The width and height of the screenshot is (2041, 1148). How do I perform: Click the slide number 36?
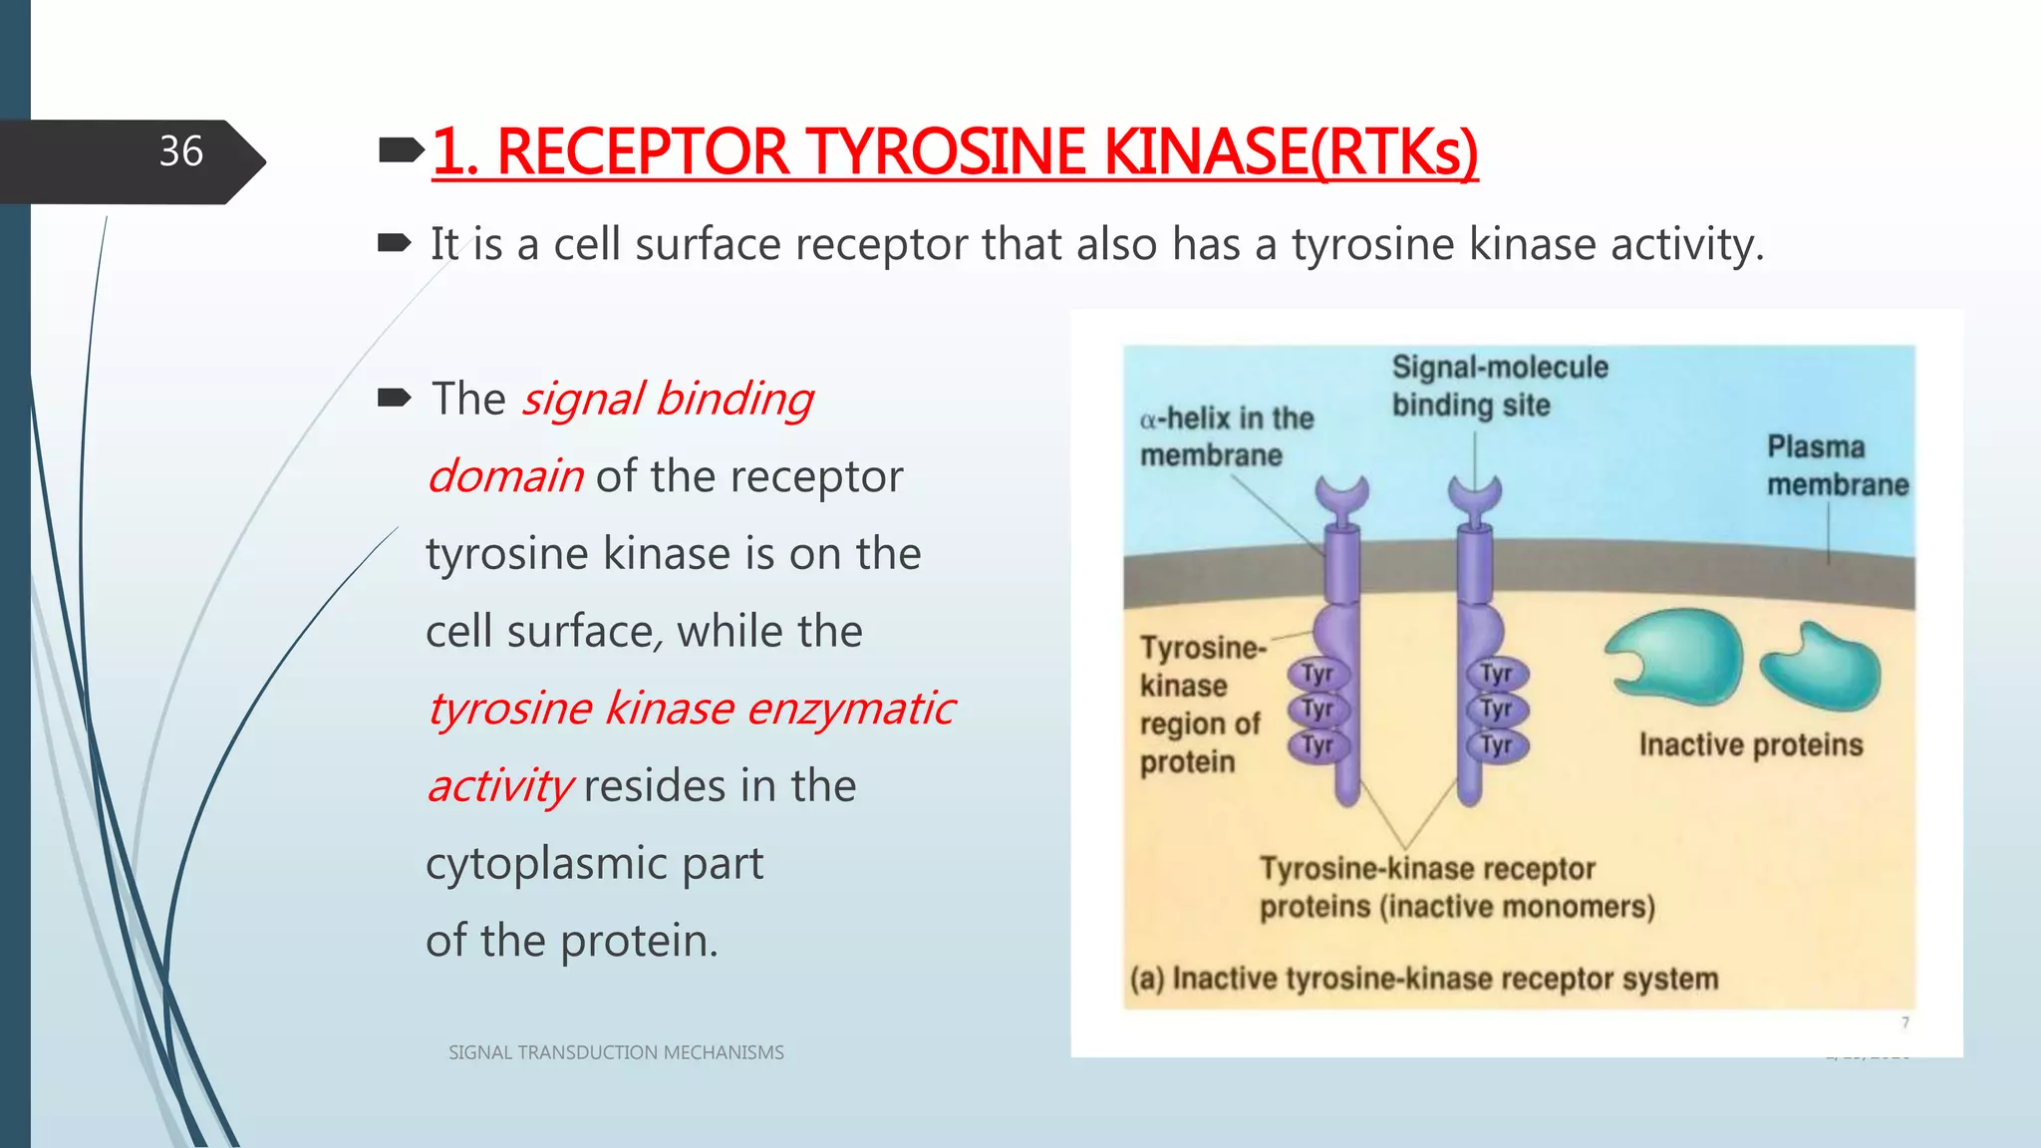pyautogui.click(x=180, y=151)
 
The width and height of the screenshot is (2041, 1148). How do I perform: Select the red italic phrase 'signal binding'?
pyautogui.click(x=668, y=399)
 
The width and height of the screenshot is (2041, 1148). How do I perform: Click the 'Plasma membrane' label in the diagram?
pyautogui.click(x=1837, y=465)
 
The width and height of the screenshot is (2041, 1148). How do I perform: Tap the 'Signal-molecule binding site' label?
pyautogui.click(x=1499, y=386)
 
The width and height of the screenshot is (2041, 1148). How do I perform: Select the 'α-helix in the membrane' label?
pyautogui.click(x=1226, y=436)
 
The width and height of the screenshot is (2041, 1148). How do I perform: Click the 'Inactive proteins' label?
pyautogui.click(x=1750, y=744)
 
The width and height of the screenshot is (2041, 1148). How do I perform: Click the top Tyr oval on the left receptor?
pyautogui.click(x=1316, y=674)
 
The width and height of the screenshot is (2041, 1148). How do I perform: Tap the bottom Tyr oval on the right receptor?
pyautogui.click(x=1495, y=744)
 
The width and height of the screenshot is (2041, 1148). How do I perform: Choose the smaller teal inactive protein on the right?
pyautogui.click(x=1823, y=668)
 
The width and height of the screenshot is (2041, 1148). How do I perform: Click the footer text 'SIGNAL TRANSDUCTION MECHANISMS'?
pyautogui.click(x=616, y=1052)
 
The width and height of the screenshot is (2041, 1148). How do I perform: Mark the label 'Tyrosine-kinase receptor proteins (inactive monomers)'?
pyautogui.click(x=1455, y=887)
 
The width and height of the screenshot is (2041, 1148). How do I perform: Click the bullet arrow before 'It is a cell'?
pyautogui.click(x=395, y=243)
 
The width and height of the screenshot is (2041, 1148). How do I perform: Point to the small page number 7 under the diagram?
pyautogui.click(x=1904, y=1022)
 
